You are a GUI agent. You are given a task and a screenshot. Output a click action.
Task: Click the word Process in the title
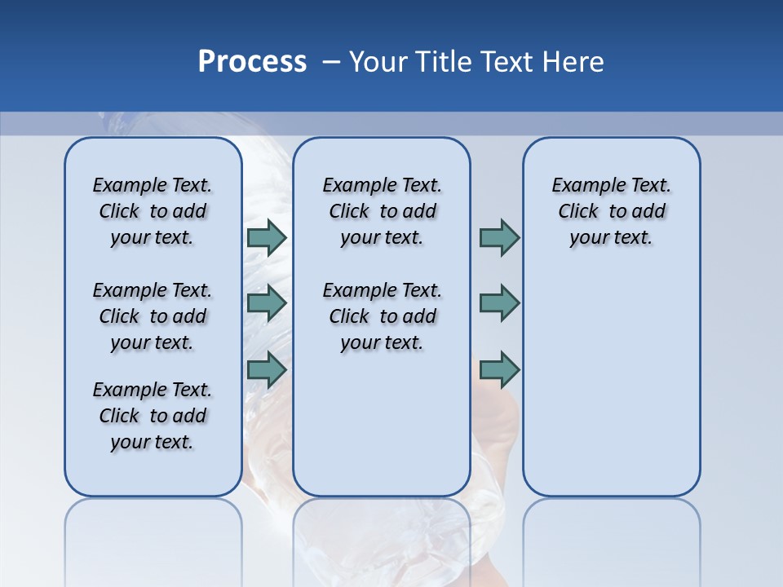point(252,61)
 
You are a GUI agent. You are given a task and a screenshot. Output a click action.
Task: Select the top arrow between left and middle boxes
point(267,237)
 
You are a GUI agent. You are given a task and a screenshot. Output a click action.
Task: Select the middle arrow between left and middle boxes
point(267,303)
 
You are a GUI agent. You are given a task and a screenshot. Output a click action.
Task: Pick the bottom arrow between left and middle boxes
point(267,369)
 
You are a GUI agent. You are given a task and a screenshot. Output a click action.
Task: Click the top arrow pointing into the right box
point(499,237)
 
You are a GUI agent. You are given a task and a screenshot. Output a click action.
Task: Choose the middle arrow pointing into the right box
point(499,303)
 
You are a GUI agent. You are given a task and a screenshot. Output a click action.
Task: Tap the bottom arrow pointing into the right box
point(499,369)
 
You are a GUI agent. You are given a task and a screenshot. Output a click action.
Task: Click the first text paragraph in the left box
point(153,211)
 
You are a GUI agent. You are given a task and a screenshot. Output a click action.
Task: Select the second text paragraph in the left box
point(153,316)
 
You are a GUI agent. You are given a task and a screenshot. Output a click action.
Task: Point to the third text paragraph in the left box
point(153,416)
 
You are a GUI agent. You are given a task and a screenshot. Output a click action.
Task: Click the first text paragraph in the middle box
point(382,211)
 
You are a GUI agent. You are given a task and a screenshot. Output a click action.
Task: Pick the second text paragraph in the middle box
point(382,316)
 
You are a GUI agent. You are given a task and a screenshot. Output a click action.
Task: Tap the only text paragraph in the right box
point(611,211)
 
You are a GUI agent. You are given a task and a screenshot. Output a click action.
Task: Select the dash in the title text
point(331,62)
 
